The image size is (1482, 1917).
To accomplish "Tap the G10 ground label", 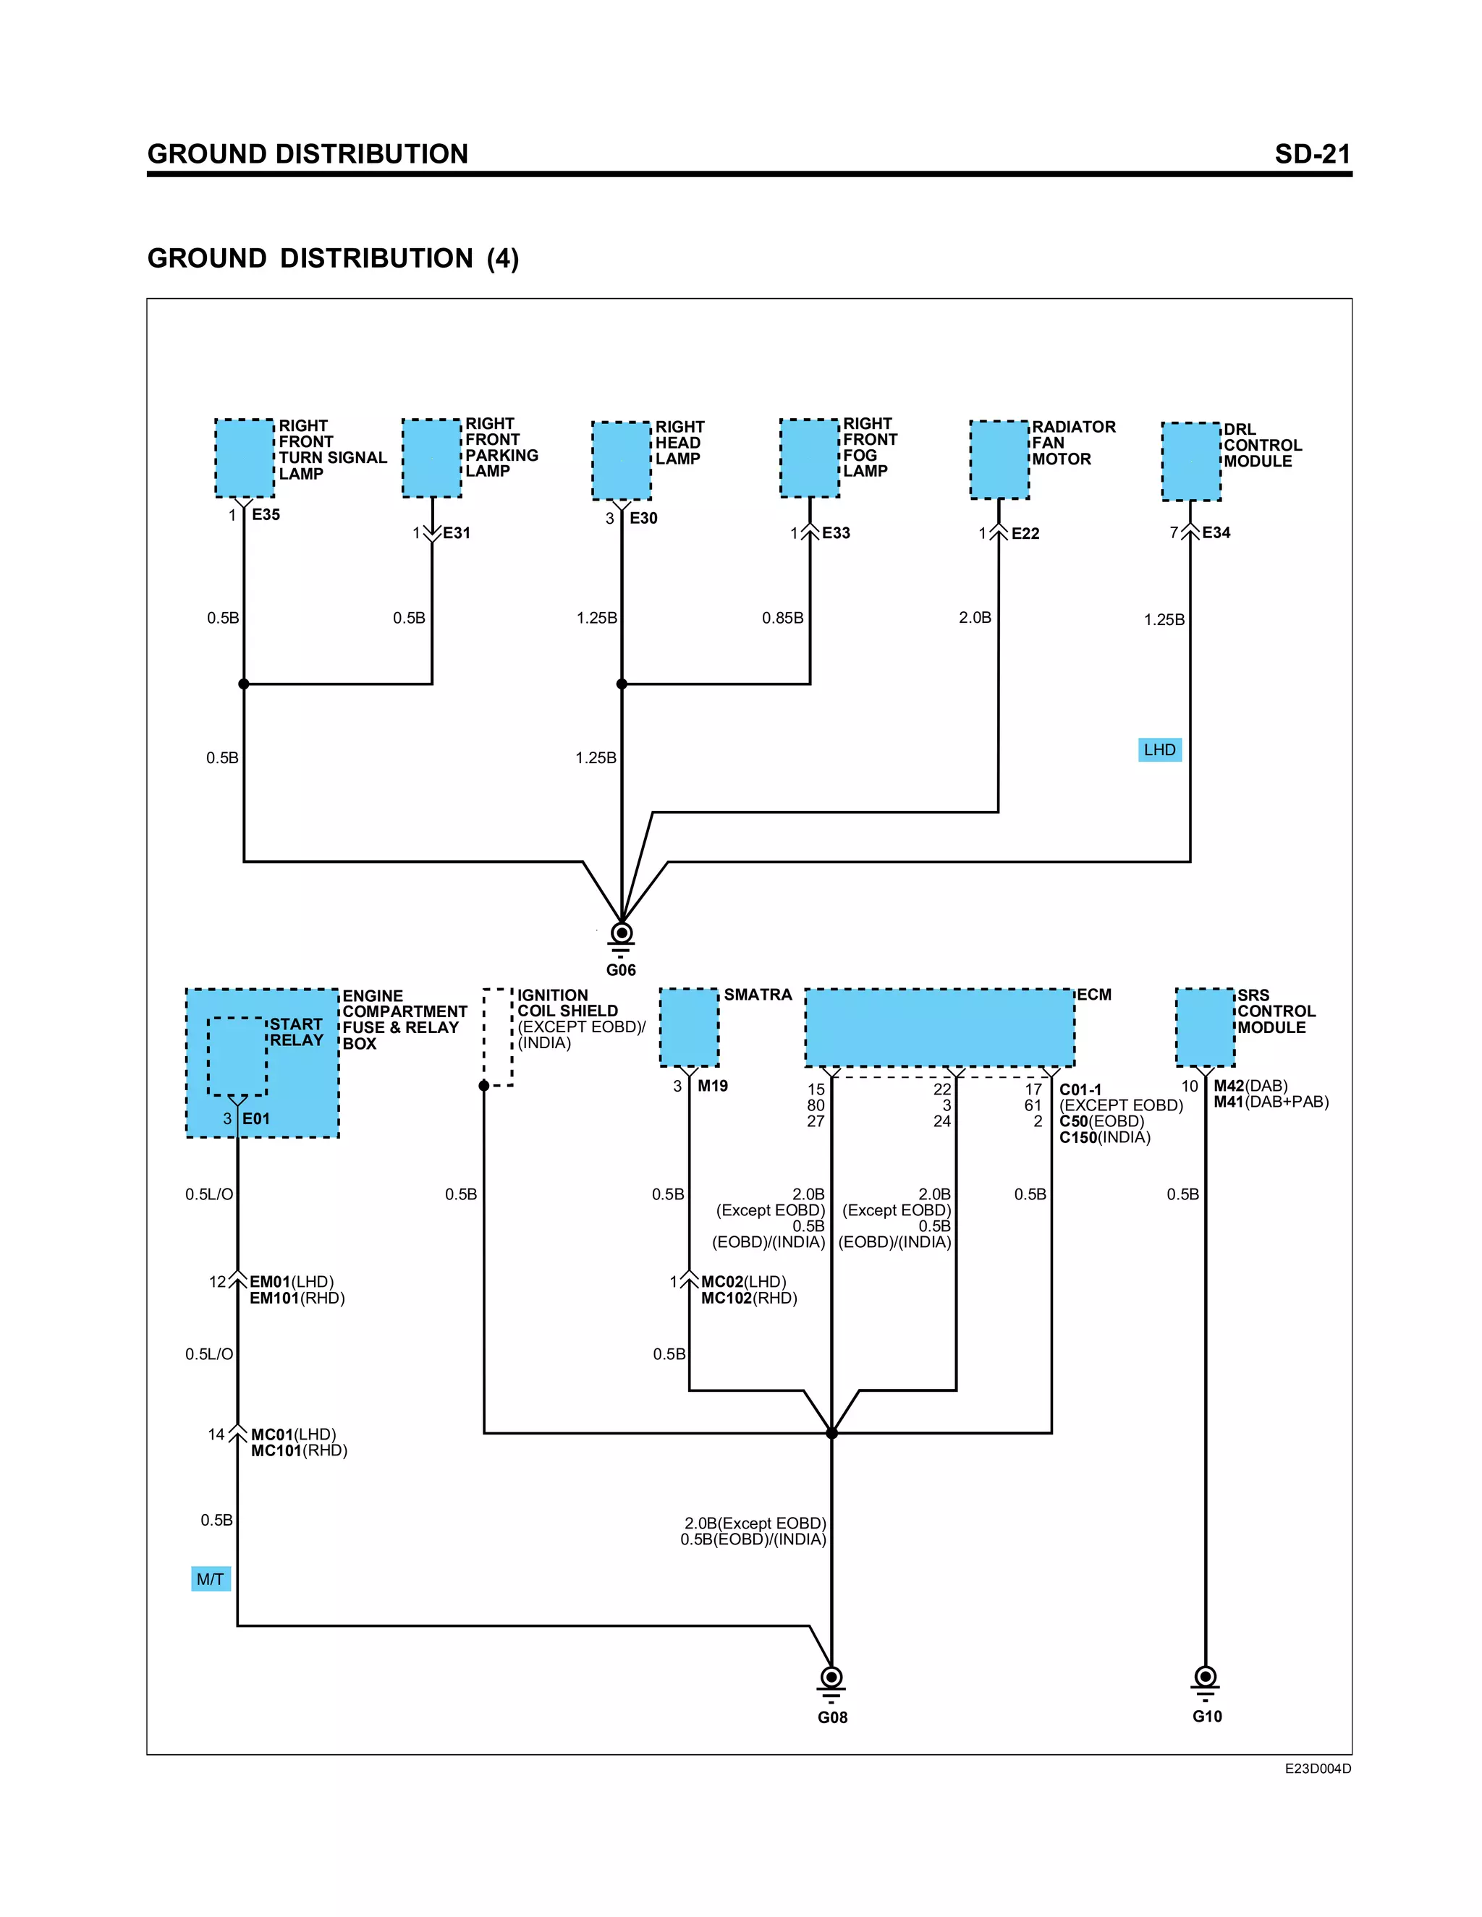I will (1206, 1716).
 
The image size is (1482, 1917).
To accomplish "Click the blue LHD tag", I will (1159, 749).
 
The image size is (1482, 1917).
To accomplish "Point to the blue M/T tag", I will (211, 1579).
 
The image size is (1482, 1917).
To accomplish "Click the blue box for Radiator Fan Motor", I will (999, 460).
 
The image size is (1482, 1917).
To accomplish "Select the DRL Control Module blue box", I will (1191, 462).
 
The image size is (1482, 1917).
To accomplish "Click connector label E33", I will (835, 533).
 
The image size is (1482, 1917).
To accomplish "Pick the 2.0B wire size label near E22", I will (975, 618).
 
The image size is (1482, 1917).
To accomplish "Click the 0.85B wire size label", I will (782, 618).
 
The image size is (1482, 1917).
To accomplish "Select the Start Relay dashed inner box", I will (237, 1057).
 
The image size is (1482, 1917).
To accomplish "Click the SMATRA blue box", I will (689, 1028).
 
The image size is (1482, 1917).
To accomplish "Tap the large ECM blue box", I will (939, 1028).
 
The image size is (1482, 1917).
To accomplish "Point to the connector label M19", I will (712, 1086).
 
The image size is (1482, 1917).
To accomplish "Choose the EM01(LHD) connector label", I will (292, 1282).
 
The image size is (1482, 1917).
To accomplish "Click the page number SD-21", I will (1312, 155).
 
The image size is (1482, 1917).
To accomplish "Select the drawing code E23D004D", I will (1317, 1769).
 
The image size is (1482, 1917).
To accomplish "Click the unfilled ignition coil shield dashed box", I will (498, 1037).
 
